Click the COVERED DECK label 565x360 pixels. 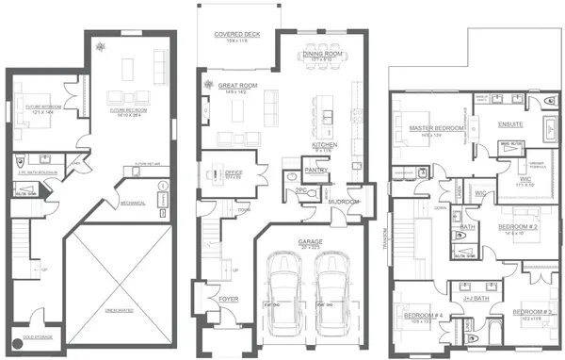(x=236, y=33)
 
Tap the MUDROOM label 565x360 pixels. (x=343, y=202)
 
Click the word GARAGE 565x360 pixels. (x=310, y=241)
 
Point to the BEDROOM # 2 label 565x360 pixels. (x=516, y=227)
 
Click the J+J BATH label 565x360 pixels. (x=463, y=297)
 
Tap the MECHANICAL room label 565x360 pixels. (x=132, y=202)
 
